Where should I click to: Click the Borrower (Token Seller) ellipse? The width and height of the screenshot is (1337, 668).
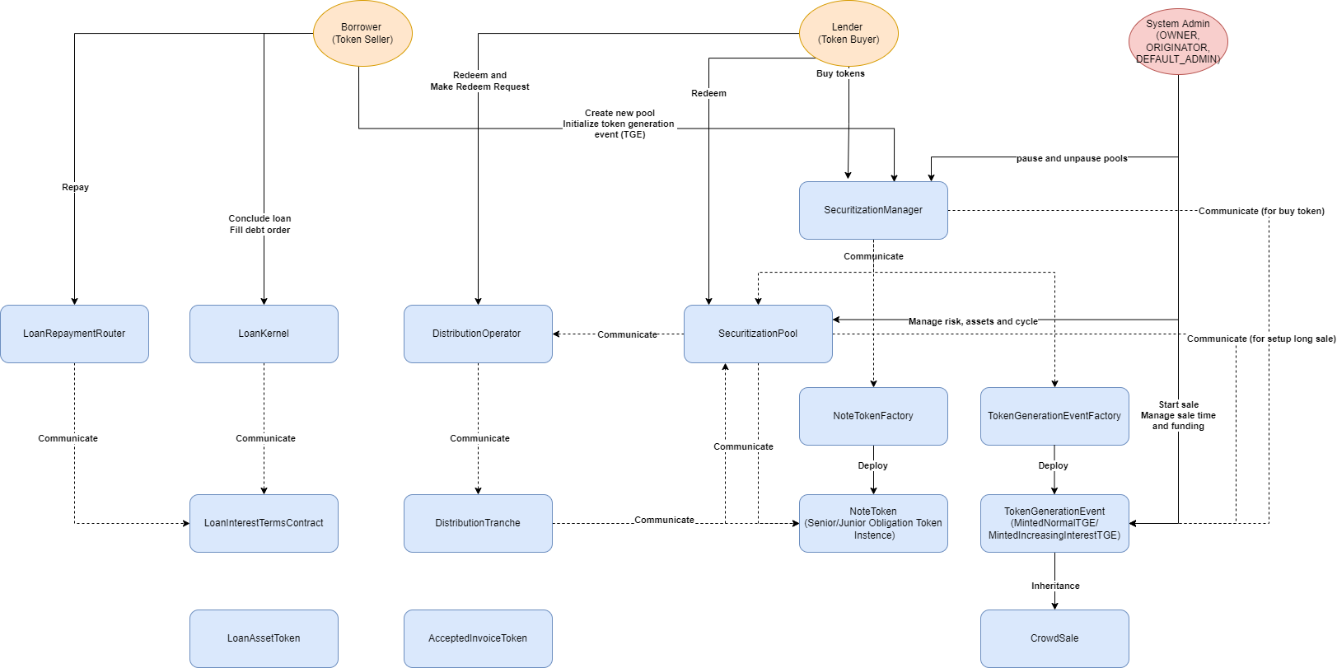(x=362, y=34)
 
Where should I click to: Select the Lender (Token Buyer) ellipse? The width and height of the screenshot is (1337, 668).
(x=848, y=34)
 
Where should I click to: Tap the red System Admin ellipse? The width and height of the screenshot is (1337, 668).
(x=1178, y=41)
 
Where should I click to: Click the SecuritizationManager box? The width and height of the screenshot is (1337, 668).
(x=873, y=210)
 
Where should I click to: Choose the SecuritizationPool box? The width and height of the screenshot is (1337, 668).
(x=758, y=334)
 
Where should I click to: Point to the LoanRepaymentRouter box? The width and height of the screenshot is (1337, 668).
(x=74, y=334)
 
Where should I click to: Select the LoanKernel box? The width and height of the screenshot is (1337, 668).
(x=264, y=334)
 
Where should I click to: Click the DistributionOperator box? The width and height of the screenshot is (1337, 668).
(x=478, y=334)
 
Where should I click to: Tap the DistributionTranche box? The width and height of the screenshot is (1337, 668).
(x=478, y=523)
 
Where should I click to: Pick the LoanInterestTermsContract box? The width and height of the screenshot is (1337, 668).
(x=264, y=523)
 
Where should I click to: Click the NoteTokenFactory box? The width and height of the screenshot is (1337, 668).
(x=873, y=416)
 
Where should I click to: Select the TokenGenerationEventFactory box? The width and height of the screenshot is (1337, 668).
(x=1054, y=416)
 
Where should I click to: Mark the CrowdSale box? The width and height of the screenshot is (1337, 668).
(x=1054, y=638)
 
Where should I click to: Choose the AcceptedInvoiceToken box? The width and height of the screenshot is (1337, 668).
(x=478, y=638)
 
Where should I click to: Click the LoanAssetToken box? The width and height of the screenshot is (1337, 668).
(x=264, y=638)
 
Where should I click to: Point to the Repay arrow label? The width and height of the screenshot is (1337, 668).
(x=75, y=187)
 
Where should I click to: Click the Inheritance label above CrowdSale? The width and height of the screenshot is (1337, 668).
(x=1055, y=586)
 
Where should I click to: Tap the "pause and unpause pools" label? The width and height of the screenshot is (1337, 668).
(x=1072, y=158)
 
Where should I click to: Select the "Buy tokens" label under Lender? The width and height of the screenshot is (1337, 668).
(x=840, y=73)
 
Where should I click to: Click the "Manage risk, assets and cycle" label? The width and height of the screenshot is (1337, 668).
(x=973, y=321)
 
